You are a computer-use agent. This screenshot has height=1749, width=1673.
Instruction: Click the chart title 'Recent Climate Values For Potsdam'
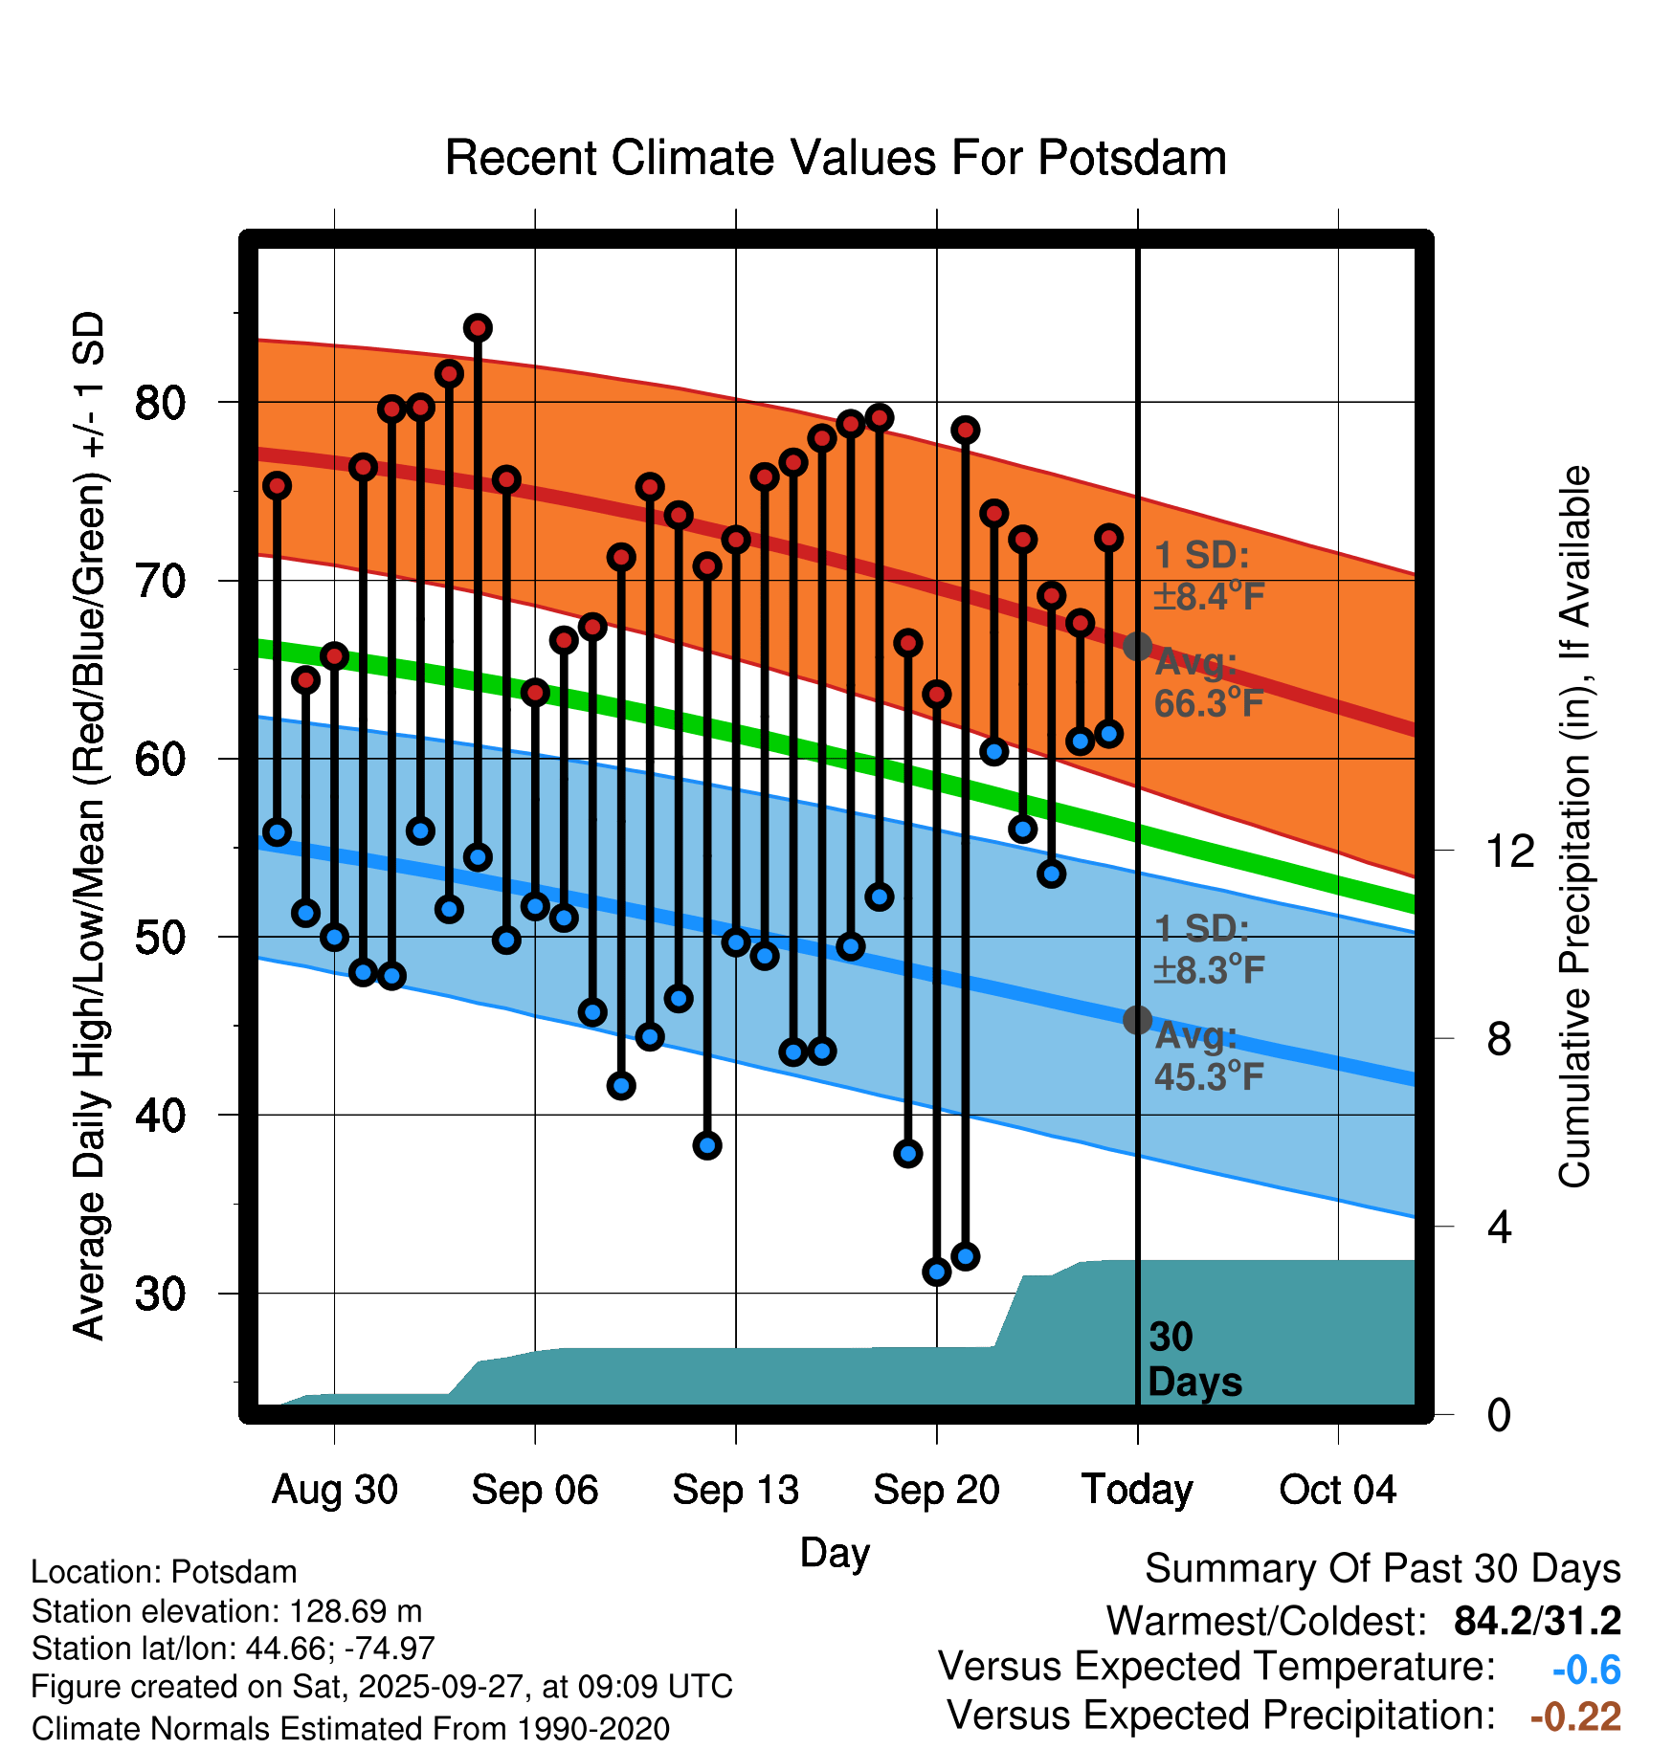[x=836, y=158]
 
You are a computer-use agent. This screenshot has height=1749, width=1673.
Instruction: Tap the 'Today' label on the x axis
[x=1137, y=1490]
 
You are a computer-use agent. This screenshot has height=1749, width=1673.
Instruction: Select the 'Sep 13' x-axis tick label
[x=735, y=1490]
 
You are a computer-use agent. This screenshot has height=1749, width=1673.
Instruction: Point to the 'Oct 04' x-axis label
[x=1337, y=1490]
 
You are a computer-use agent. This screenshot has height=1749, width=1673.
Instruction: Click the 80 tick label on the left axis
[x=160, y=403]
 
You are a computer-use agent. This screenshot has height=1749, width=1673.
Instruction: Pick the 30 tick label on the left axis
[x=160, y=1294]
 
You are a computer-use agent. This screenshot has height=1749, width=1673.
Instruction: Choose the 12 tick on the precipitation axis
[x=1509, y=851]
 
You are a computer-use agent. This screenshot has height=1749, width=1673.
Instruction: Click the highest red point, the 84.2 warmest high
[x=478, y=328]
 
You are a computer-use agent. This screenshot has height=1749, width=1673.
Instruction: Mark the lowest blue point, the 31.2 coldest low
[x=936, y=1272]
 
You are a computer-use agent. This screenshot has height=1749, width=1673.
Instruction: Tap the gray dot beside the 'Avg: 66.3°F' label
[x=1137, y=647]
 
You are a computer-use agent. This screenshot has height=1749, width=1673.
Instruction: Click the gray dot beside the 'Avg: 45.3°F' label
[x=1137, y=1020]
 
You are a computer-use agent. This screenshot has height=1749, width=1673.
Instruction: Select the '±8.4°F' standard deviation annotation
[x=1209, y=596]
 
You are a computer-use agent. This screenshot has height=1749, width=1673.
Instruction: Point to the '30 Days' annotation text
[x=1193, y=1360]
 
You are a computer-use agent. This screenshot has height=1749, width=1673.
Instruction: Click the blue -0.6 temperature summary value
[x=1586, y=1670]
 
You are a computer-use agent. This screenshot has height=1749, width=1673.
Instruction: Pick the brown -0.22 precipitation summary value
[x=1575, y=1716]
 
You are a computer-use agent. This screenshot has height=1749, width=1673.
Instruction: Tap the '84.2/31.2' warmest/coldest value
[x=1537, y=1621]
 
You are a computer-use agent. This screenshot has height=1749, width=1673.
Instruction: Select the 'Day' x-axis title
[x=835, y=1552]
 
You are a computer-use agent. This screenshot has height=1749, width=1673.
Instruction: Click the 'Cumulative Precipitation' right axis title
[x=1574, y=827]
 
